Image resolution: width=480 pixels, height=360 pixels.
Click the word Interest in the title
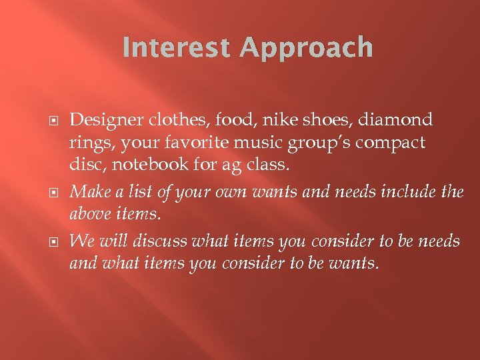(x=173, y=49)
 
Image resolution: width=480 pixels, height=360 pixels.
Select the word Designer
(x=101, y=120)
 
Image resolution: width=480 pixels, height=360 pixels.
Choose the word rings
(x=89, y=143)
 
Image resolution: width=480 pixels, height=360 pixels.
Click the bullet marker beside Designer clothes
(x=57, y=121)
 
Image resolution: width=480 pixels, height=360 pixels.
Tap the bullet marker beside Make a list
(x=57, y=193)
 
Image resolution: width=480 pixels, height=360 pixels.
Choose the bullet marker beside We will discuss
(x=57, y=240)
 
